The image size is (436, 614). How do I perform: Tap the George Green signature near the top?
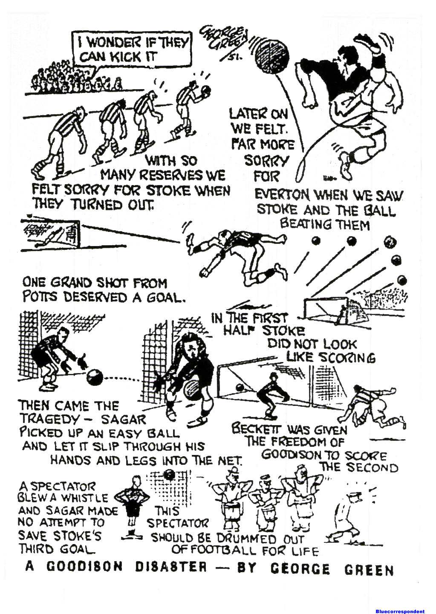[x=224, y=41]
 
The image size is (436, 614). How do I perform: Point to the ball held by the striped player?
[x=206, y=90]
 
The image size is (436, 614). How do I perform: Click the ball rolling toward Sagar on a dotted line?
[x=95, y=377]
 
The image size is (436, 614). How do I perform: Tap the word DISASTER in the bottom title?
[x=170, y=567]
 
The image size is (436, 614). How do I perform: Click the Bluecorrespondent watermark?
[x=400, y=611]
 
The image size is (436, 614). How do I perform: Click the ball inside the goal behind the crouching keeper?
[x=240, y=388]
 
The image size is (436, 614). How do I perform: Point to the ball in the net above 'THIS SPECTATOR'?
[x=170, y=474]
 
